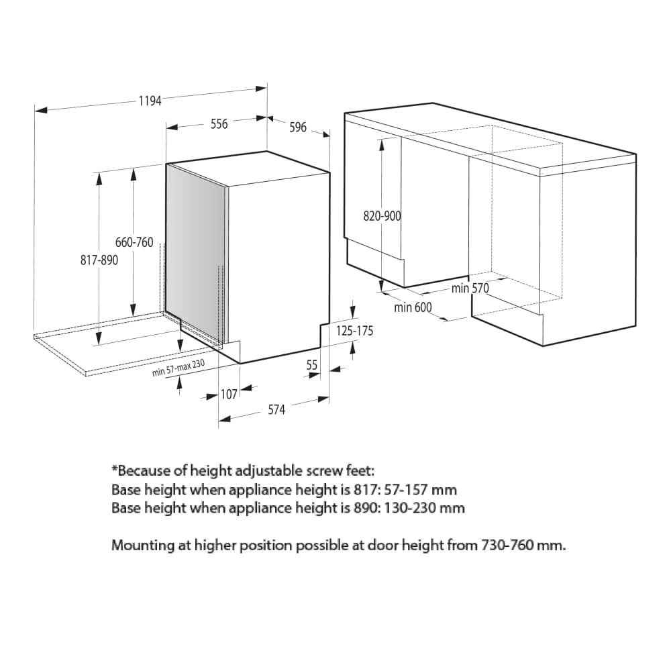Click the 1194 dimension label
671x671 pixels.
tap(150, 101)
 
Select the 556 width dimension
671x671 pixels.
tap(219, 124)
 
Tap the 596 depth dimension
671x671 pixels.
tap(298, 127)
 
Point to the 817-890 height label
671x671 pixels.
tap(99, 260)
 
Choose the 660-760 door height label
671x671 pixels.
tap(134, 242)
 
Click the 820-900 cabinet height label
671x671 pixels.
tap(382, 216)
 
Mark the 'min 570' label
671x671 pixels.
tap(470, 289)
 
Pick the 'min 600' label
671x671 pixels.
tap(413, 307)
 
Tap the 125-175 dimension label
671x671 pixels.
tap(354, 331)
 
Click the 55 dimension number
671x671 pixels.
tap(312, 365)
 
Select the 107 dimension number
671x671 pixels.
tap(229, 394)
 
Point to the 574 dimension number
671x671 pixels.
tap(276, 410)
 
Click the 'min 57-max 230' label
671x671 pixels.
tap(178, 368)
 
